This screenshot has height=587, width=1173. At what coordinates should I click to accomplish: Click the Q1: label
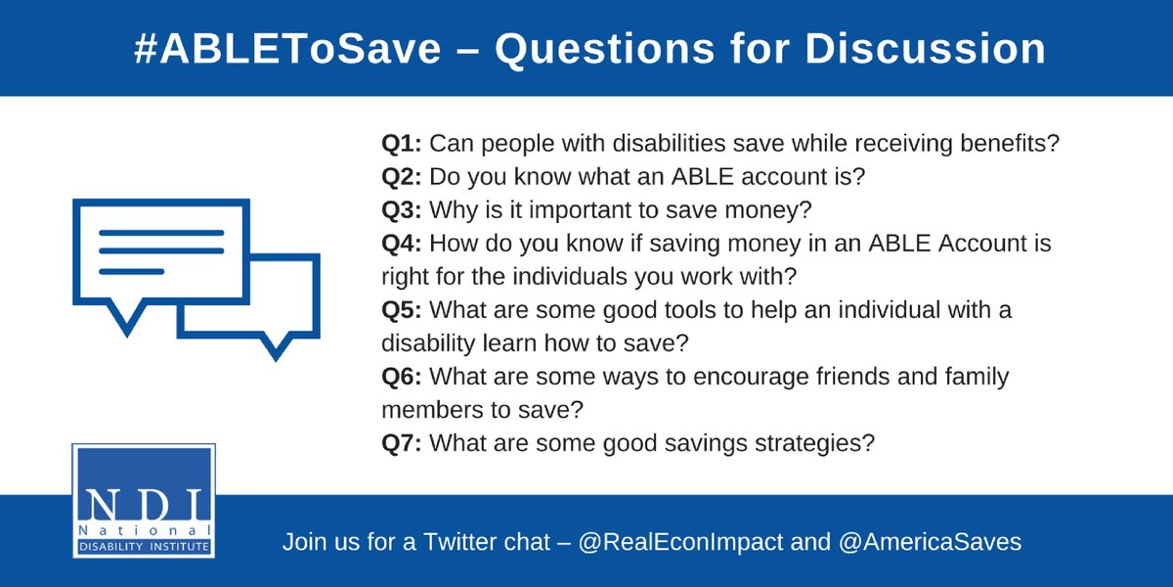click(401, 144)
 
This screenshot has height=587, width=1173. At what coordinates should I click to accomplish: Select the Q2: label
click(401, 177)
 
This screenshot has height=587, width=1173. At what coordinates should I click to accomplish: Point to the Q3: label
click(401, 210)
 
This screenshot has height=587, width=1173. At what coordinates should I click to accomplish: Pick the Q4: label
click(401, 244)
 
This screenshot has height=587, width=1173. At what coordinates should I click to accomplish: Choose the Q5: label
click(401, 310)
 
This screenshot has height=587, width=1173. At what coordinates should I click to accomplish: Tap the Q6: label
click(401, 377)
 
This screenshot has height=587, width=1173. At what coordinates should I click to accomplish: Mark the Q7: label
click(401, 443)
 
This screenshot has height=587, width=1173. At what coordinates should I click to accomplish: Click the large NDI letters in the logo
click(143, 501)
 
